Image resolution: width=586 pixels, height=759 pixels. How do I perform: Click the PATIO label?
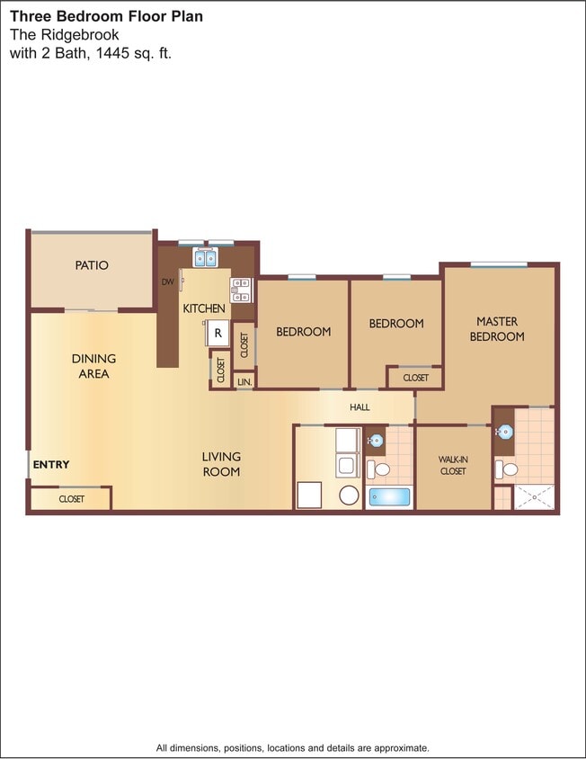[x=92, y=265]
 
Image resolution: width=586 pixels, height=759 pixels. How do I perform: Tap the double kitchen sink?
[x=206, y=260]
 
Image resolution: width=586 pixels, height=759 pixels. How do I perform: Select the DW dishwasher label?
[x=167, y=281]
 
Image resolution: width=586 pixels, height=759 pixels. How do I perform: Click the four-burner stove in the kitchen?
[x=242, y=289]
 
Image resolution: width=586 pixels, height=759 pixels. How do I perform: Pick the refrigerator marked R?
[x=218, y=333]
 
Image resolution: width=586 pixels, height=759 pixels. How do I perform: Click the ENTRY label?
[x=51, y=465]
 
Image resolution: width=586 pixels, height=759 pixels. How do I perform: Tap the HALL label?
[x=360, y=407]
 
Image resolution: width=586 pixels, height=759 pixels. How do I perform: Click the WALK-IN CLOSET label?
[x=453, y=465]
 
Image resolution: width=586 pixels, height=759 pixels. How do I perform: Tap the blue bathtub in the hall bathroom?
[x=389, y=496]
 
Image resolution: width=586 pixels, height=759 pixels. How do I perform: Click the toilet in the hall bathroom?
[x=381, y=469]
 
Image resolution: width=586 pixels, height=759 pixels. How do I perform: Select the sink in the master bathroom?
[x=504, y=433]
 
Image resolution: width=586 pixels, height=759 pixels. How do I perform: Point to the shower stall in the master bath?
[x=534, y=497]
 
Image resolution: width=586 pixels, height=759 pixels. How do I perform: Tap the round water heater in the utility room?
[x=349, y=495]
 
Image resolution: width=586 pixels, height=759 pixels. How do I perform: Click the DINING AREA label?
[x=93, y=366]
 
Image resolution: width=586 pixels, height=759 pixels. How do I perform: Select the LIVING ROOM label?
[x=221, y=464]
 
